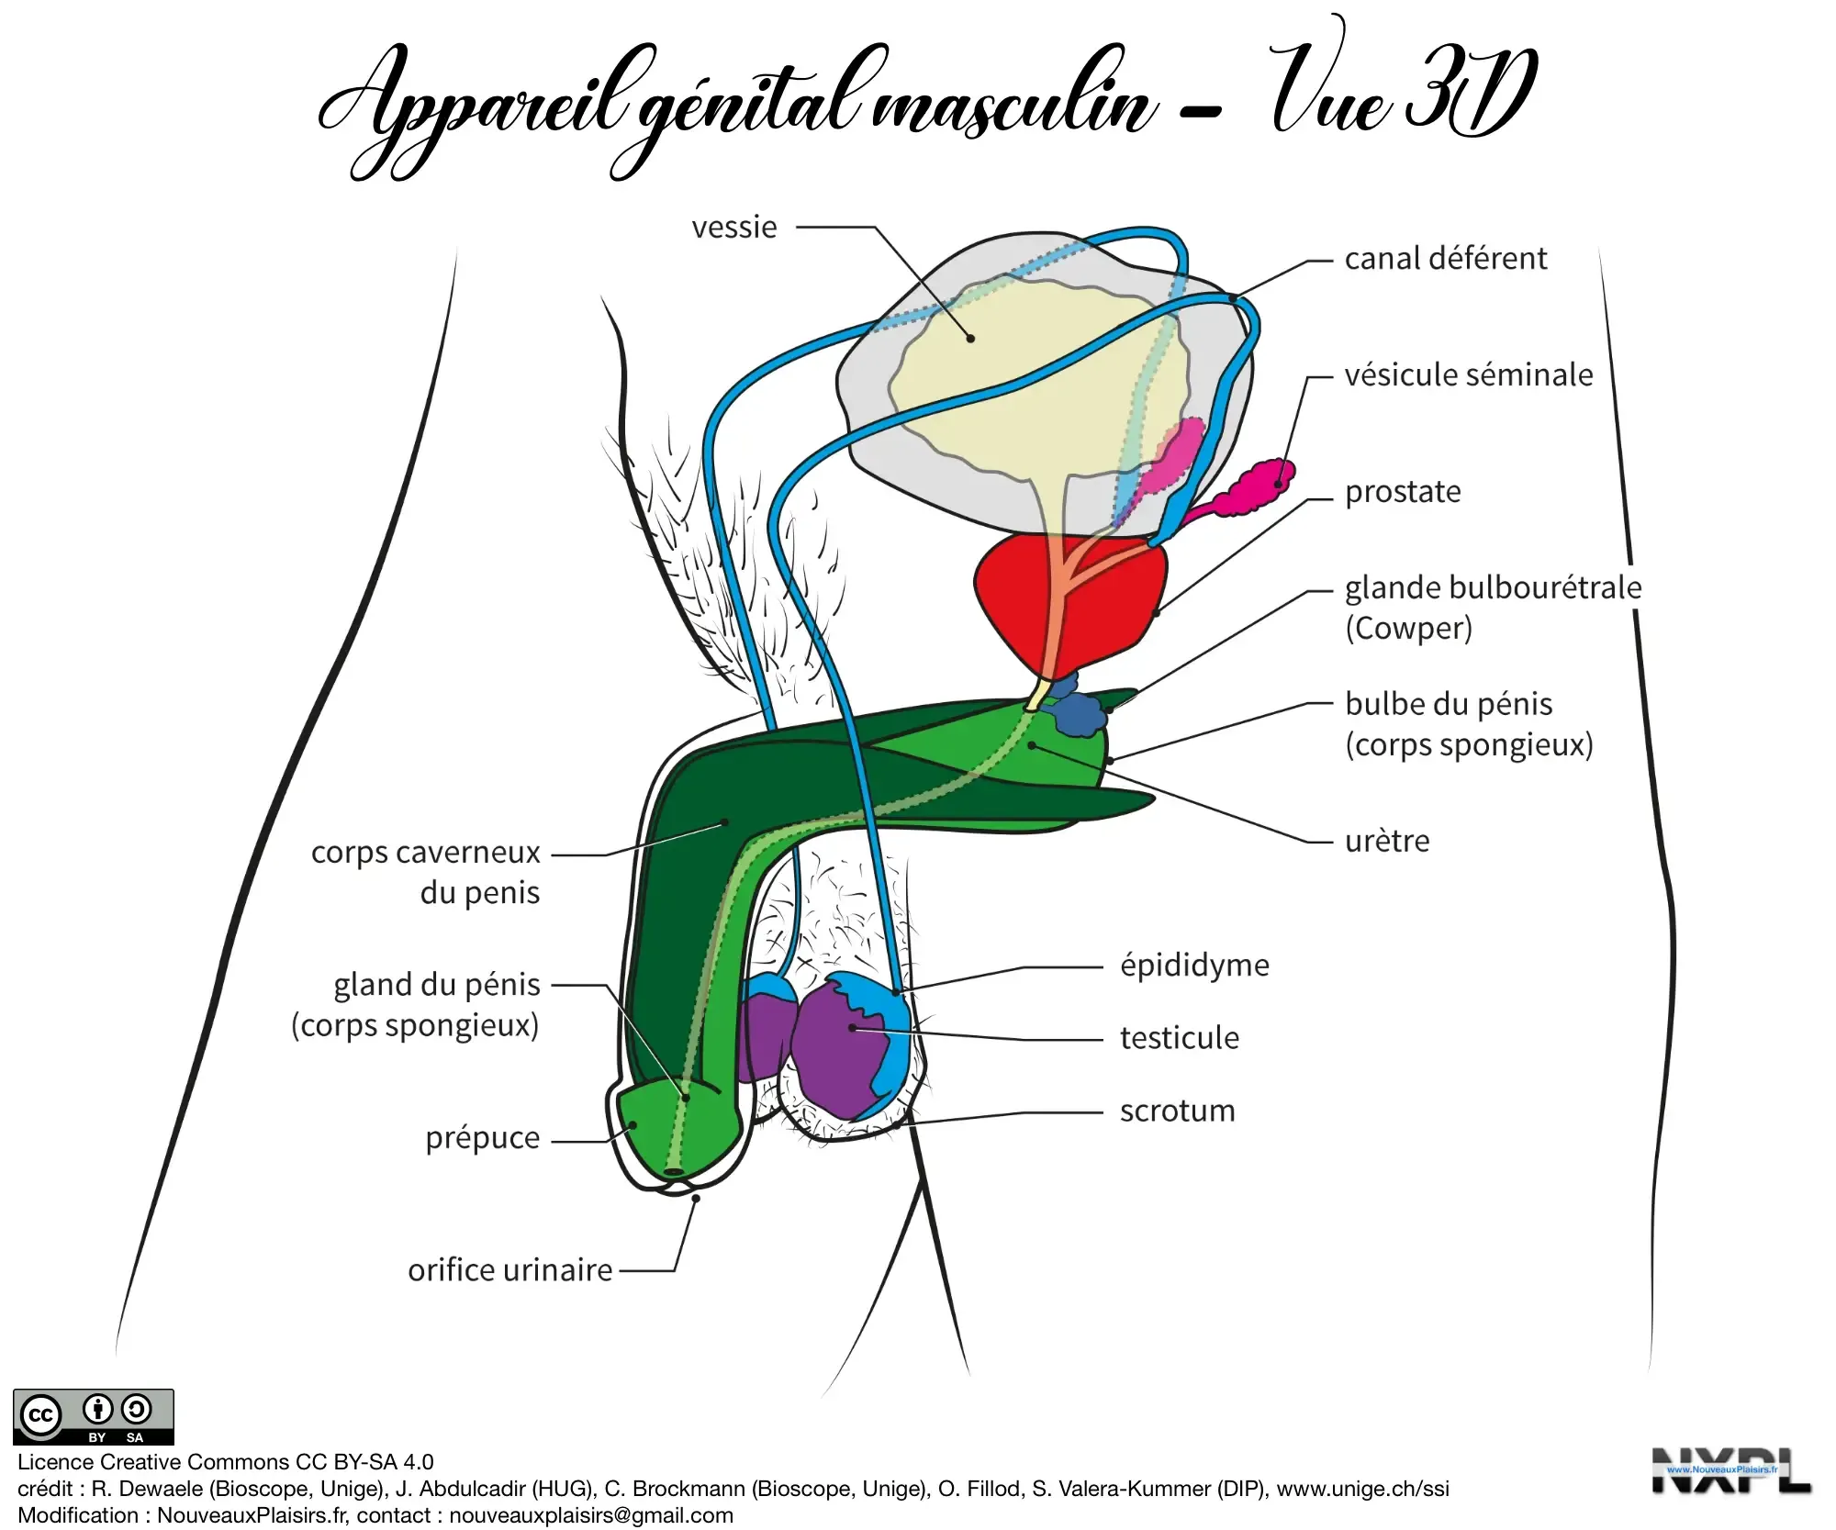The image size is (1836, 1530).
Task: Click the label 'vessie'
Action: tap(733, 227)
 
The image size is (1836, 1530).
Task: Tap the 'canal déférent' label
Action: tap(1445, 259)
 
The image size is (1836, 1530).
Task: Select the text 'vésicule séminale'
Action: tap(1468, 375)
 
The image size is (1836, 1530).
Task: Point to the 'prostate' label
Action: tap(1402, 492)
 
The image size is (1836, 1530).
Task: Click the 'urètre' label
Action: tap(1386, 841)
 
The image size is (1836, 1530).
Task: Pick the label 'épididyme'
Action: tap(1193, 966)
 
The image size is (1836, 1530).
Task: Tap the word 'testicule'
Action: tap(1179, 1038)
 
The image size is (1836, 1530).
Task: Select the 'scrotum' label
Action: tap(1177, 1111)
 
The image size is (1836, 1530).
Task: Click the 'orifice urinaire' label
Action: tap(509, 1270)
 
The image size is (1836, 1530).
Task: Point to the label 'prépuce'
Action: tap(482, 1138)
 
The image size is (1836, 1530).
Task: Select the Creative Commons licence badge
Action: tap(93, 1417)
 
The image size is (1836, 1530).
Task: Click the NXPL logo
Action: tap(1730, 1471)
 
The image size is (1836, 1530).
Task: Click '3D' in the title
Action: tap(1469, 92)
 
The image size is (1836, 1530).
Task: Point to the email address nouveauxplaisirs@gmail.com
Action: tap(590, 1515)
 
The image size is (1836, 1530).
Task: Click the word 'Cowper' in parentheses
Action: tap(1408, 629)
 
